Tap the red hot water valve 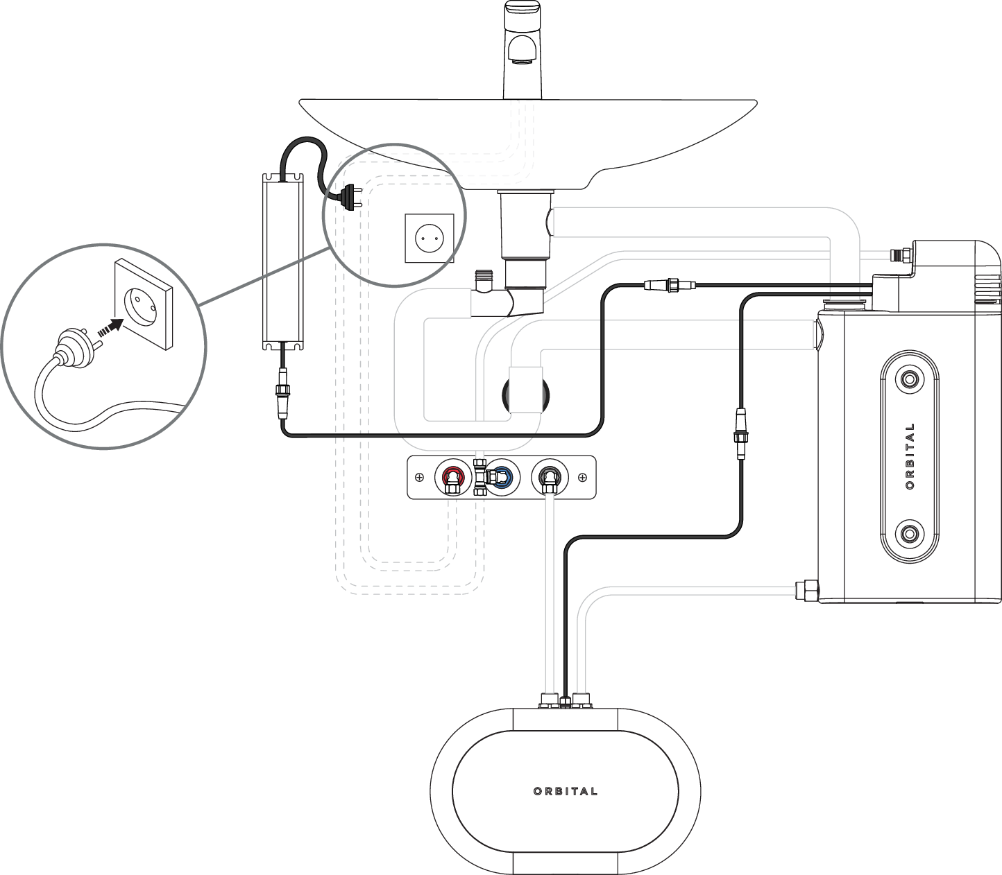pos(452,478)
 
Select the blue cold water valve pos(502,478)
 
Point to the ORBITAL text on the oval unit pos(565,791)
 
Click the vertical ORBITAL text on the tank pos(910,456)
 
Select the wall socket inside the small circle pos(430,238)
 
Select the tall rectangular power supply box pos(283,261)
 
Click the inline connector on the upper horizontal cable pos(670,284)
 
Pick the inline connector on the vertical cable pos(740,434)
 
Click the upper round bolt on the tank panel pos(909,379)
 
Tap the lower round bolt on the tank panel pos(909,534)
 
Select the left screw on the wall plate pos(419,477)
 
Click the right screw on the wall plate pos(582,477)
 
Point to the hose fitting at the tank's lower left pos(807,590)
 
